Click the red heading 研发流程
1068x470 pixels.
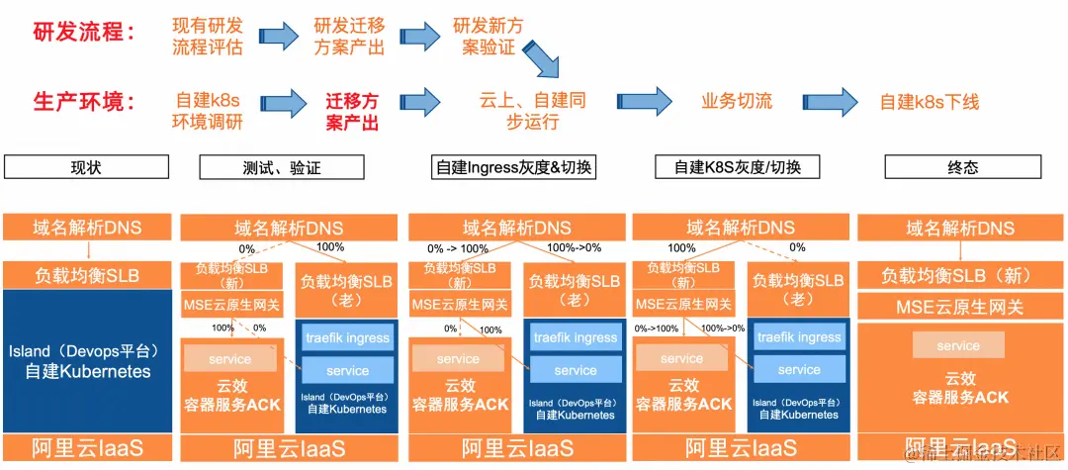click(x=84, y=32)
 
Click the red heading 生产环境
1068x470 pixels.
click(x=84, y=102)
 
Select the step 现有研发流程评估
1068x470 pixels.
click(x=208, y=36)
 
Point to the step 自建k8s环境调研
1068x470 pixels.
click(x=208, y=111)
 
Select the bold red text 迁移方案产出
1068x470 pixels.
click(x=352, y=111)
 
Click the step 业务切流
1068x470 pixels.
click(x=737, y=101)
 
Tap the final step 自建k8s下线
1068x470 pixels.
click(x=929, y=101)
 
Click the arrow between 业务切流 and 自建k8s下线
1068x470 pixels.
click(x=830, y=101)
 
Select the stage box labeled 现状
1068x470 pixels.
click(x=86, y=166)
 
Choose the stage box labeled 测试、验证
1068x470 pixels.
click(x=282, y=166)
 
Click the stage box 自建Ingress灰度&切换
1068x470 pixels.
click(x=514, y=166)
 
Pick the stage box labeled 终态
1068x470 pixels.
click(x=962, y=166)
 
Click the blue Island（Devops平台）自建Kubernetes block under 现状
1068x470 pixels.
click(x=86, y=361)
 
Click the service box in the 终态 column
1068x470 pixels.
click(x=958, y=345)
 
